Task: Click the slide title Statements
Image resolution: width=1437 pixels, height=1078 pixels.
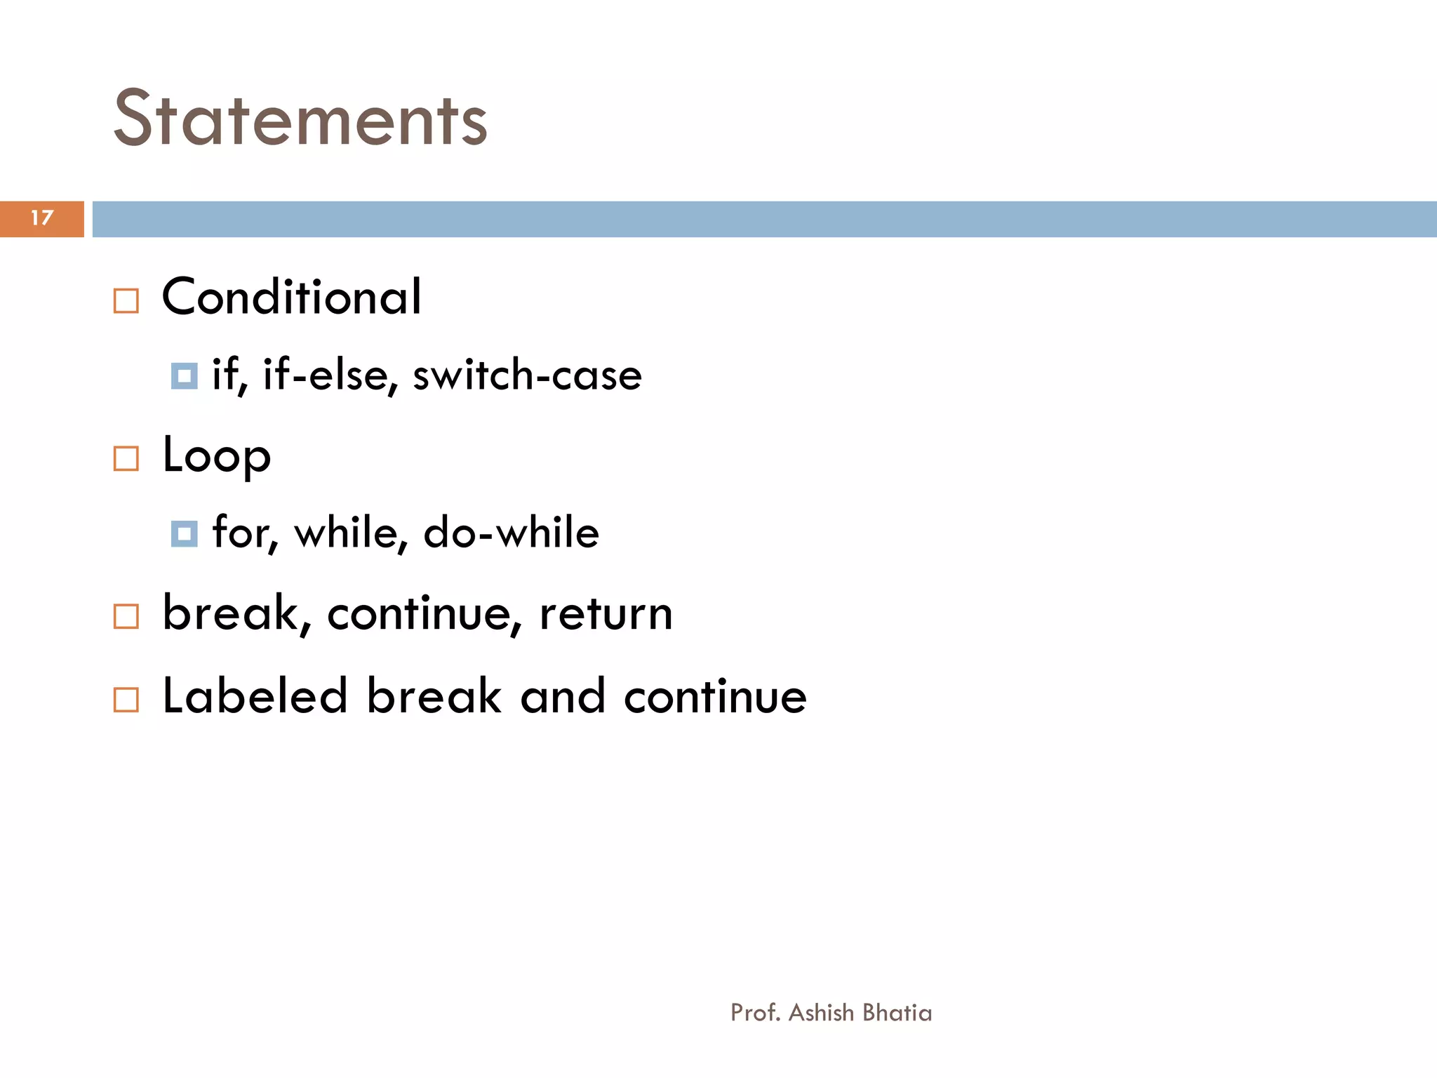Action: coord(300,119)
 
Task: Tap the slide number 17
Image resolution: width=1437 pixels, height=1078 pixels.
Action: coord(42,218)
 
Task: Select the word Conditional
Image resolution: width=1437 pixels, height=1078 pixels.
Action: coord(292,297)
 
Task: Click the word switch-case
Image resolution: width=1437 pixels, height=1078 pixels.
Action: coord(527,375)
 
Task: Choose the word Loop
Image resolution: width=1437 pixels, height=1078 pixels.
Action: coord(216,457)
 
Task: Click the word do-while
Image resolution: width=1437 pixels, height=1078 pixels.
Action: coord(512,533)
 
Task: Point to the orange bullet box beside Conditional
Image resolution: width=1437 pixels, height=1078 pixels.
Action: coord(126,301)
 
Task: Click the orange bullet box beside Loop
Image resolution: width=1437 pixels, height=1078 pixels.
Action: coord(126,459)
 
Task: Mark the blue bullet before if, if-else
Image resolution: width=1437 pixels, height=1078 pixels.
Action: coord(185,377)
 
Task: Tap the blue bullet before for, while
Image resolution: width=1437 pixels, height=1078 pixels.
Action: coord(185,535)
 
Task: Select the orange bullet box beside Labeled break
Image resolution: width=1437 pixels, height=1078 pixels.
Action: coord(126,700)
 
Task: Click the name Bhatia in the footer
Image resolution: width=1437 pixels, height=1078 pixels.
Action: coord(897,1013)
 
